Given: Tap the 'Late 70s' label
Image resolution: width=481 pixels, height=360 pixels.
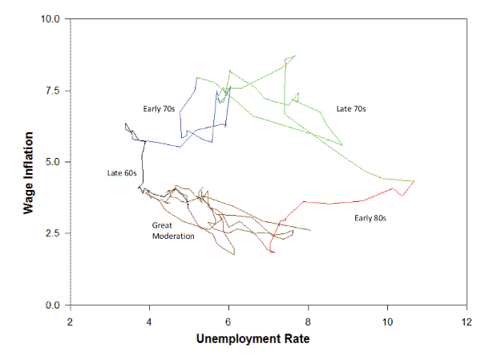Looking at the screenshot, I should coord(351,108).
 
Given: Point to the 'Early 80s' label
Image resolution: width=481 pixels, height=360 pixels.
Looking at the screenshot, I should coord(370,217).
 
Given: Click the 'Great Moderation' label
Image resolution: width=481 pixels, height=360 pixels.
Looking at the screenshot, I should coord(173,231).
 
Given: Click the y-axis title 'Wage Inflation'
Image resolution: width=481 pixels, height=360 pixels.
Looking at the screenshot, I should coord(29,163).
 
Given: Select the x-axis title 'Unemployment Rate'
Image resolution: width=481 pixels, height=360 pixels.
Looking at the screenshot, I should coord(253,338).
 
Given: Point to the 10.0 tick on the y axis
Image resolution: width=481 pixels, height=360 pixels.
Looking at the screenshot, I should coord(51,18).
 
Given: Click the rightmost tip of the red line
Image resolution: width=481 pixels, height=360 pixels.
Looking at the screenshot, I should coord(414,181).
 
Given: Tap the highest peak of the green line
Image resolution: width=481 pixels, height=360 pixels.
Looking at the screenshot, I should coord(295,55).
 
